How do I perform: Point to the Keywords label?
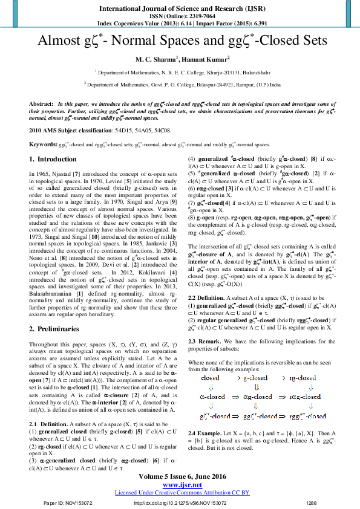(43, 145)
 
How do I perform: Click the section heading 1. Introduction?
(53, 159)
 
